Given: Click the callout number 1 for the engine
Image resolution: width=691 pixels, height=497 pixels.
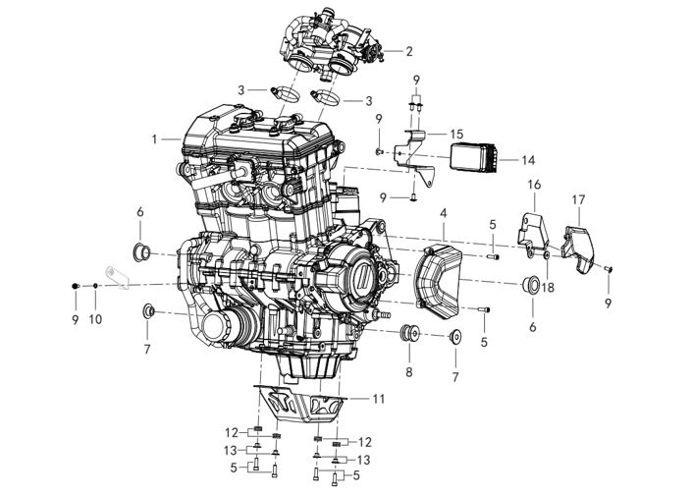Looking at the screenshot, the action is [155, 139].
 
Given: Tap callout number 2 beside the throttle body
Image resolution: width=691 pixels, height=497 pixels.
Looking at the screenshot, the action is [409, 51].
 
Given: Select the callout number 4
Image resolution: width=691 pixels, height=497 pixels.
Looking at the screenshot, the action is [443, 213].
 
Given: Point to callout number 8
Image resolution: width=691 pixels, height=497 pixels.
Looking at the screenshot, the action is [409, 371].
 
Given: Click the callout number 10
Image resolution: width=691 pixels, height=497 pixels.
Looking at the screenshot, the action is [95, 319].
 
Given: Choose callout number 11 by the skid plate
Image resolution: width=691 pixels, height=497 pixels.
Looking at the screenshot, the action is [379, 399].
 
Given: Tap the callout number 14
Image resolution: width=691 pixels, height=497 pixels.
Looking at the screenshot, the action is [528, 160].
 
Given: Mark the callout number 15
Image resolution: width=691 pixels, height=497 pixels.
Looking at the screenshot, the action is [457, 134].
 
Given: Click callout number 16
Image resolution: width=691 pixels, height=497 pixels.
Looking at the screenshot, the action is [534, 184].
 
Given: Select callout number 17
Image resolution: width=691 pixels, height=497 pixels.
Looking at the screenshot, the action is [579, 199].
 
